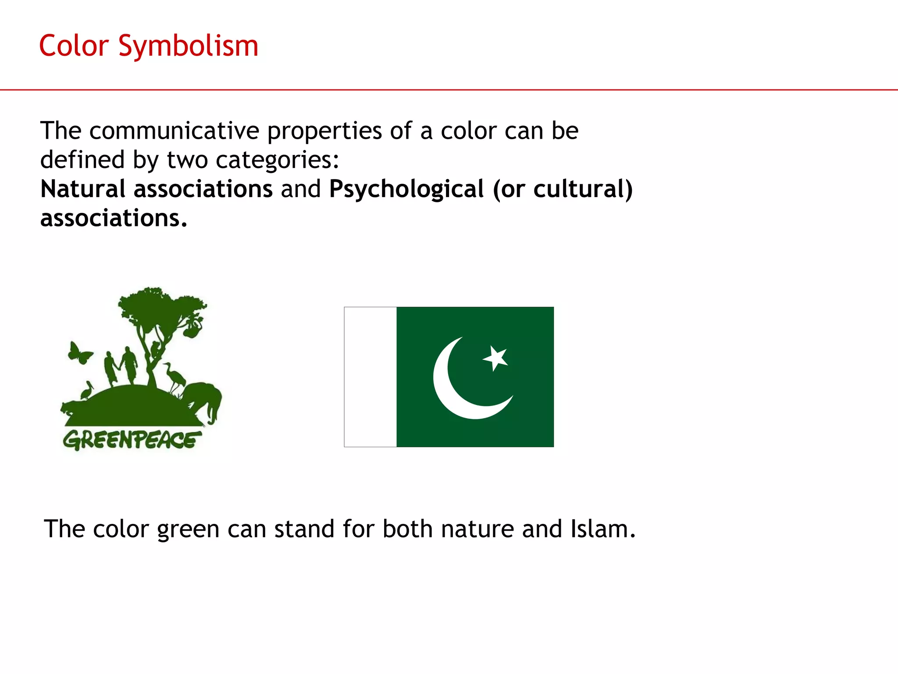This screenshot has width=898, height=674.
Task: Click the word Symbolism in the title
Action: [x=188, y=46]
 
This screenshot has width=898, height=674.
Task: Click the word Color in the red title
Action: [x=74, y=46]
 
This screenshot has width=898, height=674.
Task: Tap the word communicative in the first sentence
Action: [x=174, y=131]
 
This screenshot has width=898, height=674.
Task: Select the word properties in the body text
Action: [x=324, y=131]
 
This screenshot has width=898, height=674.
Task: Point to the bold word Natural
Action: [x=83, y=189]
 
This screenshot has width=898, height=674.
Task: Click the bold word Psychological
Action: [x=406, y=189]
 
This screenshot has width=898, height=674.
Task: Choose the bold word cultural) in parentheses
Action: [x=583, y=189]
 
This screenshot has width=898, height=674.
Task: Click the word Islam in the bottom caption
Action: [x=602, y=529]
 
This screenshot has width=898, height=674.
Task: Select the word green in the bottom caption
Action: [x=188, y=530]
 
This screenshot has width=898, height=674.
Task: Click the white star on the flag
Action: [x=496, y=358]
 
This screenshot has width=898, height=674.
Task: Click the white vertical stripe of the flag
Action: [x=371, y=377]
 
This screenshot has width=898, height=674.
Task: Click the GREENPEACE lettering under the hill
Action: [x=132, y=440]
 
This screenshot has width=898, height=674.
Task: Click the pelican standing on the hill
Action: [x=87, y=391]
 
